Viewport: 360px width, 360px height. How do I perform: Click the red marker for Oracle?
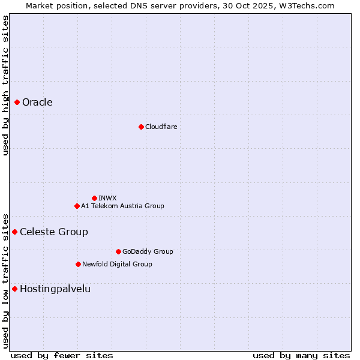click(17, 102)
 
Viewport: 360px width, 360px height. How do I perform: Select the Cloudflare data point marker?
click(141, 127)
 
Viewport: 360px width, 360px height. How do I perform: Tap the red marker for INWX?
click(94, 198)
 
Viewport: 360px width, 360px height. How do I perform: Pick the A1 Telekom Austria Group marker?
click(77, 206)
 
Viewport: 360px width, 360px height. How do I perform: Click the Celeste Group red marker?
click(14, 232)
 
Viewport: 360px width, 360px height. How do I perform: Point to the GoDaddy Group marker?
click(118, 251)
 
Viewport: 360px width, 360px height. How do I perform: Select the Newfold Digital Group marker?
click(78, 264)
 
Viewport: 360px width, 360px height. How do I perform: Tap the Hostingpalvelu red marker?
click(14, 289)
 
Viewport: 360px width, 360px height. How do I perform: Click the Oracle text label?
click(37, 102)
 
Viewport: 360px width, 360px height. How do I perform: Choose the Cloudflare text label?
click(161, 127)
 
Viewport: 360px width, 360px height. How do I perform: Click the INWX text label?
click(107, 198)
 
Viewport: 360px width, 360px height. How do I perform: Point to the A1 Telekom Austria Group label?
click(122, 206)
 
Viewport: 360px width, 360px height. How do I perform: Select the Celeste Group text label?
click(54, 232)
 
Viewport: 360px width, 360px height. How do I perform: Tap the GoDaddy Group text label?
click(148, 251)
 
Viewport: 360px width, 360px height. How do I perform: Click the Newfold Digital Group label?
click(117, 264)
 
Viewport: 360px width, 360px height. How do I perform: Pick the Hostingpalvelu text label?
click(55, 289)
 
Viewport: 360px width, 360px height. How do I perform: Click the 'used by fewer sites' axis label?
click(62, 355)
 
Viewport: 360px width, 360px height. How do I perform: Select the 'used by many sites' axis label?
click(301, 355)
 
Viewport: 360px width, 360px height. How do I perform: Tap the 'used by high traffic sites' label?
click(5, 85)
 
